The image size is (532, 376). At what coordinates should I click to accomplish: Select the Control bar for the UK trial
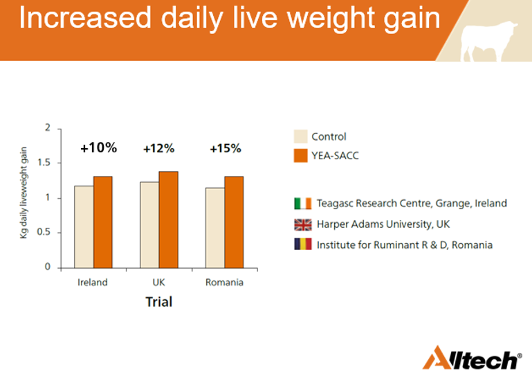point(149,224)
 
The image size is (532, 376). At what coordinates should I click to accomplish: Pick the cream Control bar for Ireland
point(84,226)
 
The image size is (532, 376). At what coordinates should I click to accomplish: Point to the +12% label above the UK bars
point(158,148)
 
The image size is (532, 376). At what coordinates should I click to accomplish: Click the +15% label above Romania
point(225,148)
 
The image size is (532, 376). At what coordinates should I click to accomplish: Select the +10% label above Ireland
point(98,147)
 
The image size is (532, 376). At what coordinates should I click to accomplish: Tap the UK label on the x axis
point(158,283)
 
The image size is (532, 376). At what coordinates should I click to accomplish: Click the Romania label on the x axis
point(224,283)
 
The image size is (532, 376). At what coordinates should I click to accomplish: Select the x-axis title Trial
point(158,301)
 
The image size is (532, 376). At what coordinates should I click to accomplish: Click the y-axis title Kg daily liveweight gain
point(24,193)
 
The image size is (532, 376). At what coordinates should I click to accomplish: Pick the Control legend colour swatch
point(300,136)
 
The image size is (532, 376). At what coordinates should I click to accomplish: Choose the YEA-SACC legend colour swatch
point(300,155)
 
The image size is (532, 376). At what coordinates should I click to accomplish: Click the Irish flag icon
point(302,204)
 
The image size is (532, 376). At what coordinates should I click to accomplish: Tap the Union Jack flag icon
point(302,224)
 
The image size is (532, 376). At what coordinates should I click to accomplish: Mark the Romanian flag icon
point(302,244)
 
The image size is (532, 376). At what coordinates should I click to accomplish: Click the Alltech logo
point(473,358)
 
